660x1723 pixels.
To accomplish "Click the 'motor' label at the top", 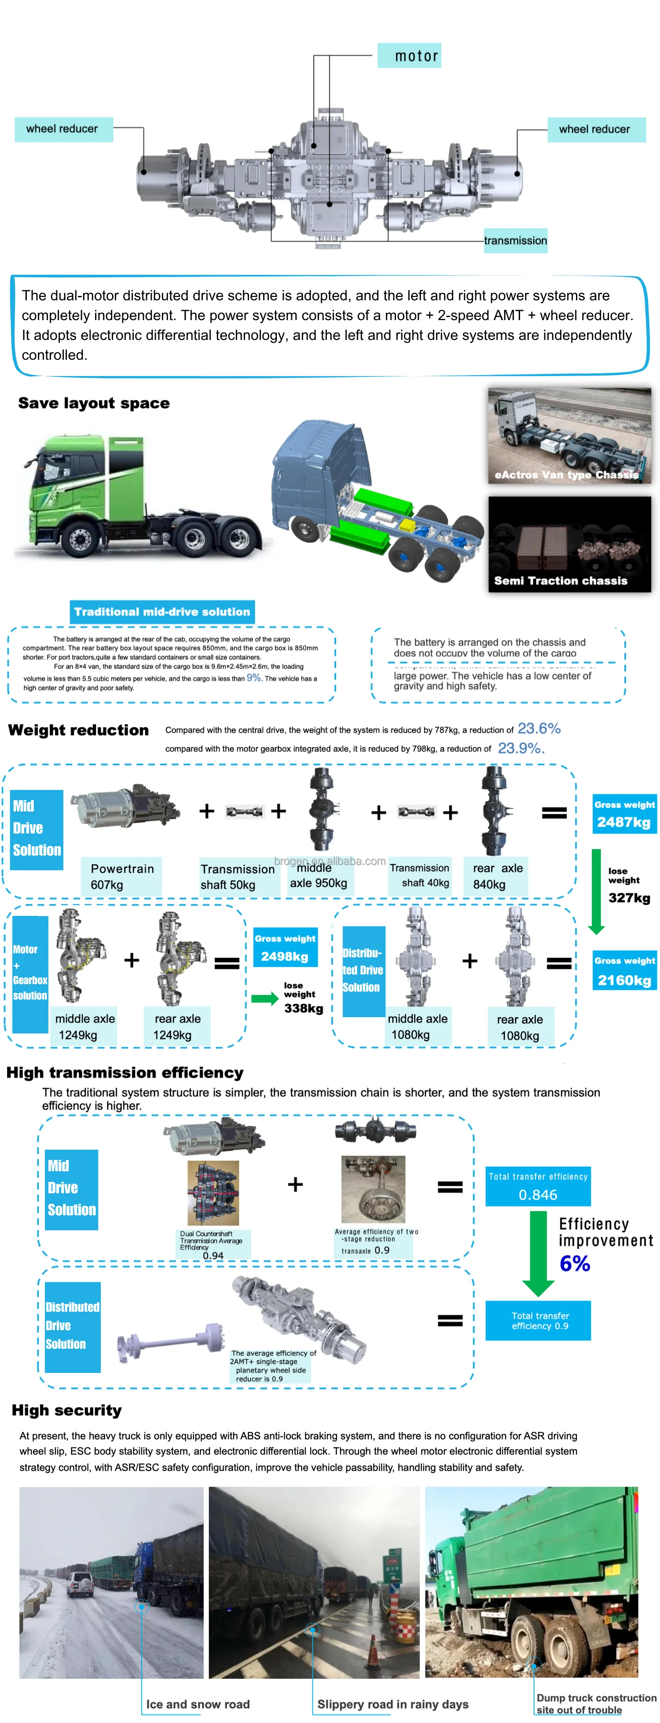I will pos(409,55).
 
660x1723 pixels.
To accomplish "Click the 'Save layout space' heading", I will pos(94,402).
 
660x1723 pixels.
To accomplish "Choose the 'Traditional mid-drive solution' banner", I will pos(162,611).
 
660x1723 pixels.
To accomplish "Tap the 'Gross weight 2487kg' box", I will pos(624,814).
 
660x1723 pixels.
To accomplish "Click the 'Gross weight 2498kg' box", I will pos(285,948).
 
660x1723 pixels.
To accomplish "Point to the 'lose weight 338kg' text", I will pos(302,998).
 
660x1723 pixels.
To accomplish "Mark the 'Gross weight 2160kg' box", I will pos(624,970).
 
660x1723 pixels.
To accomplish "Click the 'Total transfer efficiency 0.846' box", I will pos(538,1186).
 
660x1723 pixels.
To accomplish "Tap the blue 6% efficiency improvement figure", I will pos(574,1263).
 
